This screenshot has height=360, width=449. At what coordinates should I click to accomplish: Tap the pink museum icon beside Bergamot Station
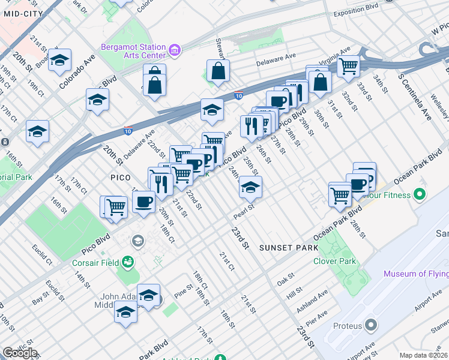[x=175, y=50]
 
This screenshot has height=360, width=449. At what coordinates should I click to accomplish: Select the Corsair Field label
[x=96, y=262]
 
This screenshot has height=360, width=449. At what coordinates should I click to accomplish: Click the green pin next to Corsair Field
[x=127, y=261]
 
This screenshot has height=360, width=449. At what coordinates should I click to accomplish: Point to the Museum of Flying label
[x=416, y=274]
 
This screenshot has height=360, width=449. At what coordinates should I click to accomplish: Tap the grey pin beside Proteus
[x=370, y=326]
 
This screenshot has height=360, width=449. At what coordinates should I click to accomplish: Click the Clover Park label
[x=334, y=261]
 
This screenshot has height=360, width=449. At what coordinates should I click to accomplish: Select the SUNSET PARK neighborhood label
[x=284, y=248]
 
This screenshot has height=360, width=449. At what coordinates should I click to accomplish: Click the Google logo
[x=20, y=353]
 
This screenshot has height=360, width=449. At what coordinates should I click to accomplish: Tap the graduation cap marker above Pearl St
[x=250, y=188]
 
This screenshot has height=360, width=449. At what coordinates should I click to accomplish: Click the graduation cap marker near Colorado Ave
[x=60, y=60]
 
